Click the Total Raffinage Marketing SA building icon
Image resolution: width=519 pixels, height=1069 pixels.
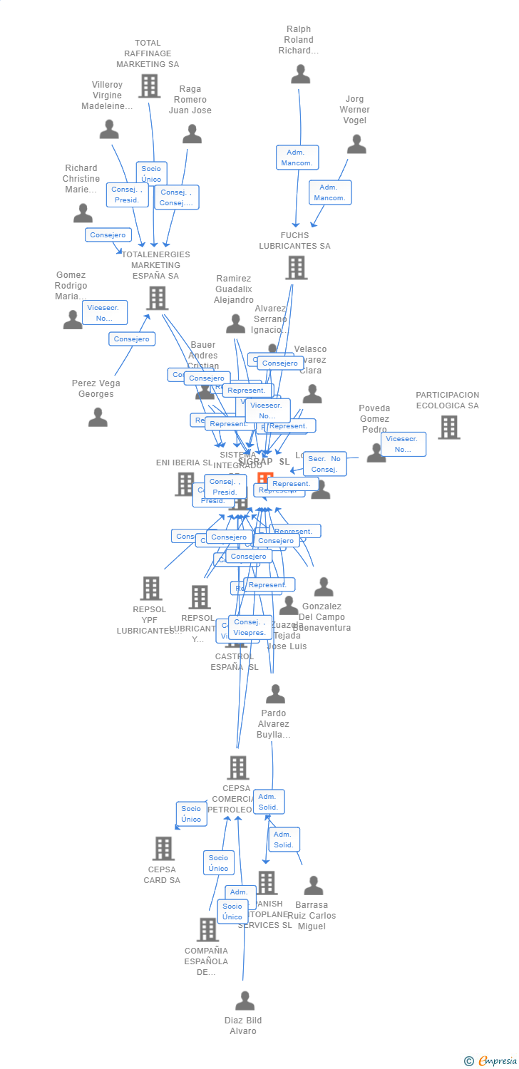[149, 86]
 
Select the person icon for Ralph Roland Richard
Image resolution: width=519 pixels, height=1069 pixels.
[300, 74]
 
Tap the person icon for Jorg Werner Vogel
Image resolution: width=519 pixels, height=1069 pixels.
[356, 144]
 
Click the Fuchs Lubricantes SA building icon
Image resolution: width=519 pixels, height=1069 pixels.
[296, 268]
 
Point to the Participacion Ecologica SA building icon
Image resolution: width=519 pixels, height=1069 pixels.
[448, 427]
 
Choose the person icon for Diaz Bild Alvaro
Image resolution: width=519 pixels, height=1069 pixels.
[245, 1001]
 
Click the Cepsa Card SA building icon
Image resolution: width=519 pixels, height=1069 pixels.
[163, 848]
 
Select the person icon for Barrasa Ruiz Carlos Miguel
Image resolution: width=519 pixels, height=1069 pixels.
[313, 886]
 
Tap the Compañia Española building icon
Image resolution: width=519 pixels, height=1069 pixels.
[207, 929]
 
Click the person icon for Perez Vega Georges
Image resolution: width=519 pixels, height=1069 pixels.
[98, 417]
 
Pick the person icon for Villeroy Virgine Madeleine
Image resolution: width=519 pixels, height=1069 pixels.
[109, 129]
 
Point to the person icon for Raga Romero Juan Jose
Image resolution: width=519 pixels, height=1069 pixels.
[192, 134]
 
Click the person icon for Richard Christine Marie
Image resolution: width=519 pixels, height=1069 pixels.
[83, 213]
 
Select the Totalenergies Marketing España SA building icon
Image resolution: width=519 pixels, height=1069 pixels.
[156, 298]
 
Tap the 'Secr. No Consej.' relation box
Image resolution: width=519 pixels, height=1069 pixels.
[324, 464]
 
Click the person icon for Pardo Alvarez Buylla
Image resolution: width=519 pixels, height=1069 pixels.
[275, 694]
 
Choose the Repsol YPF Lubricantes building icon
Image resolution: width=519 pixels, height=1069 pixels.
[150, 588]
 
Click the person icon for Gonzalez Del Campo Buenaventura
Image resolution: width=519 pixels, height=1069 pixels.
[323, 587]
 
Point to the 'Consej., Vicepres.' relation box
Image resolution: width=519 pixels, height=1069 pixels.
[250, 627]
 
